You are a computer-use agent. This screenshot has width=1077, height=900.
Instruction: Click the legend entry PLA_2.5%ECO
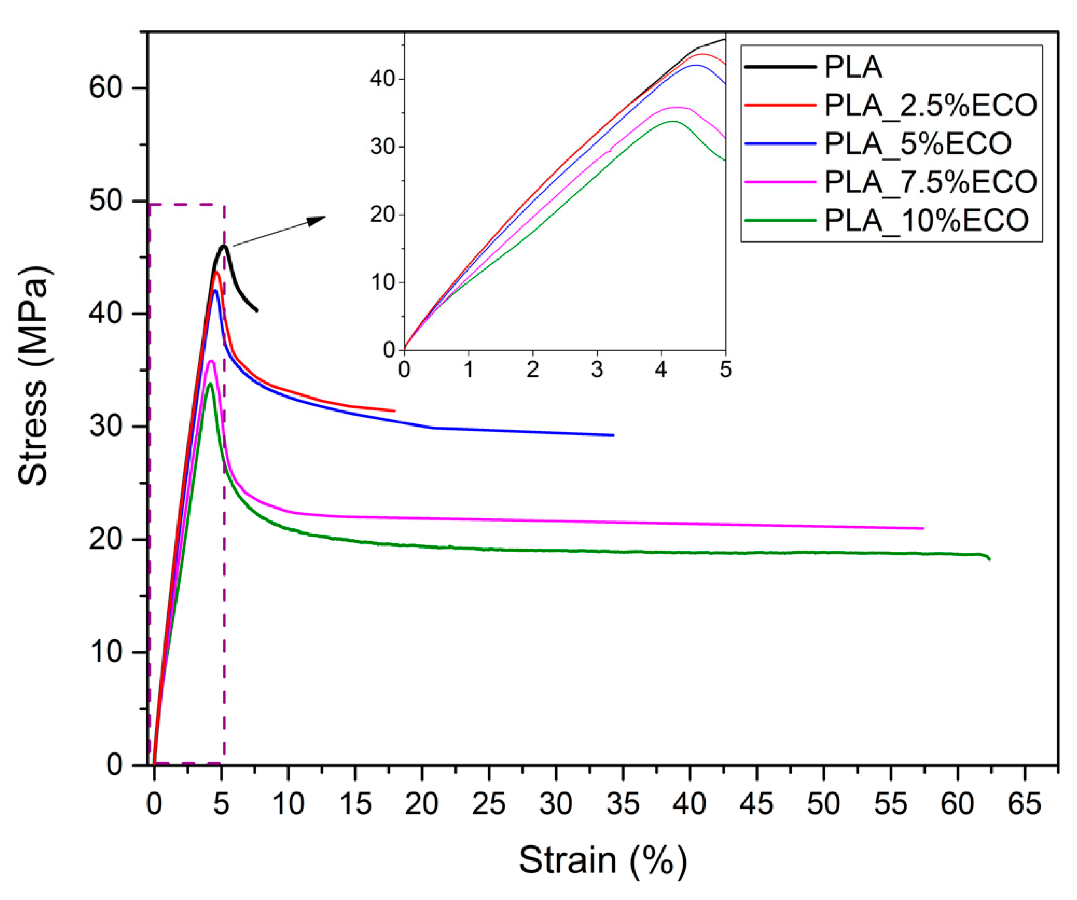[x=931, y=105]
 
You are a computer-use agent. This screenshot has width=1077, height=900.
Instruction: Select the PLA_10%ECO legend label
[x=926, y=220]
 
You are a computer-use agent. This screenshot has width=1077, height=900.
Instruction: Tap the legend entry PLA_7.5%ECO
[x=931, y=182]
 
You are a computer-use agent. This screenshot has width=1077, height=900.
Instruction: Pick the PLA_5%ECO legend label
[x=918, y=143]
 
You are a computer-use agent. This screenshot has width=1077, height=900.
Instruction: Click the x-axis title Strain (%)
[x=603, y=860]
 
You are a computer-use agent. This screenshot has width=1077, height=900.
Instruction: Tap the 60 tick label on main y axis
[x=106, y=88]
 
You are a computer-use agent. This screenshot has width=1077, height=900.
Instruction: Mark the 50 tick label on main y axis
[x=106, y=201]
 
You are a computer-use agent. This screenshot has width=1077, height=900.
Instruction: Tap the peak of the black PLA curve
[x=223, y=246]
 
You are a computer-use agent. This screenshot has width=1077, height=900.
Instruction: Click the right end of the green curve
[x=989, y=559]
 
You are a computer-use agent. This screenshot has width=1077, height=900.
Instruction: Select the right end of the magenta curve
[x=923, y=528]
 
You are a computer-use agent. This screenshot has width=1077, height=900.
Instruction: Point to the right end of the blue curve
[x=613, y=435]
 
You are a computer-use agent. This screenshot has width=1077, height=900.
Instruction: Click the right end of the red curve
[x=394, y=410]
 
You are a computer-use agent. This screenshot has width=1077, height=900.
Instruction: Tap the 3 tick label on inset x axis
[x=597, y=370]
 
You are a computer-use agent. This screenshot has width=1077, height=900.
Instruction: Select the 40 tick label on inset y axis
[x=382, y=80]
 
